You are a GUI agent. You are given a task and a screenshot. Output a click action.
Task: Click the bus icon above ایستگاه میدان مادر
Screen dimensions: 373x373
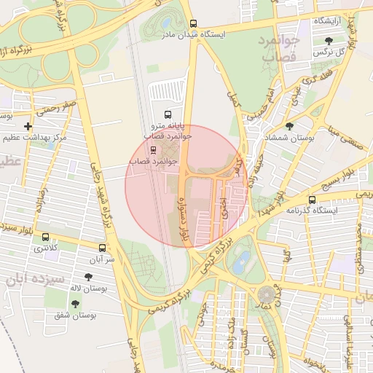coord(193,23)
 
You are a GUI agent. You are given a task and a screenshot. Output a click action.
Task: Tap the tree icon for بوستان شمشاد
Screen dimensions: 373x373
coord(289,126)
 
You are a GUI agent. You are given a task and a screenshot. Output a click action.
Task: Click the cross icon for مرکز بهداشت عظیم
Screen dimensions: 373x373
coord(28,127)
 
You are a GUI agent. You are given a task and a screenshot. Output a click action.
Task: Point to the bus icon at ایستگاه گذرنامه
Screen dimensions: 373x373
coord(313,200)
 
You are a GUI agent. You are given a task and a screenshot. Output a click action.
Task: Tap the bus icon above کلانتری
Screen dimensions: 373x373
coord(46,237)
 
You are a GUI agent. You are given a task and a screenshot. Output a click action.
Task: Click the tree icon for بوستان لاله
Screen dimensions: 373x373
coord(88,278)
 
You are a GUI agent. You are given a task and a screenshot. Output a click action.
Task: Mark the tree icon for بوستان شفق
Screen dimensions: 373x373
coord(75,304)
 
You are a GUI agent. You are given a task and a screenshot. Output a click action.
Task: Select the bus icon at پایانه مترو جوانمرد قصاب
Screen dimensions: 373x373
coord(168,114)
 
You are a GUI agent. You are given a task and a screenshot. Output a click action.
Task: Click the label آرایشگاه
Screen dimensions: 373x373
coord(329,21)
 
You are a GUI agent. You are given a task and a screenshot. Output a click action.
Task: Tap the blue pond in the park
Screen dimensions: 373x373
coord(240,259)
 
